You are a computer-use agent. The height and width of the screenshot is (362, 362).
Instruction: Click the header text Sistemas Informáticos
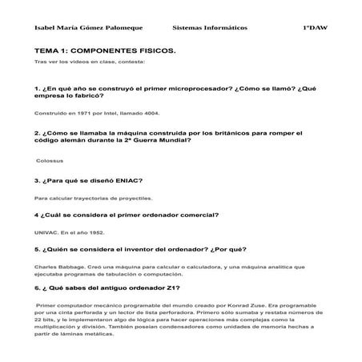pyautogui.click(x=210, y=28)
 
